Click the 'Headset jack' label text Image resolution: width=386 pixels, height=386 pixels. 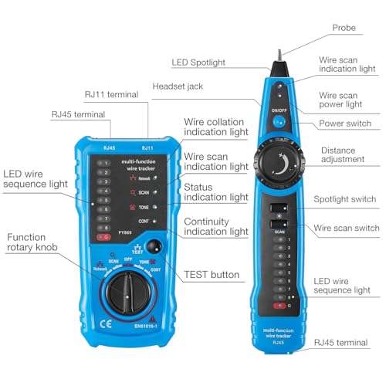(x=178, y=86)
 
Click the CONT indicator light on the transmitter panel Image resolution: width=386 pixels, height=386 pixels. (x=155, y=222)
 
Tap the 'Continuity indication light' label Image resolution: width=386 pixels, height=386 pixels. (x=215, y=225)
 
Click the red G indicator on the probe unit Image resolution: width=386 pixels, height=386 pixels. (x=279, y=306)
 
